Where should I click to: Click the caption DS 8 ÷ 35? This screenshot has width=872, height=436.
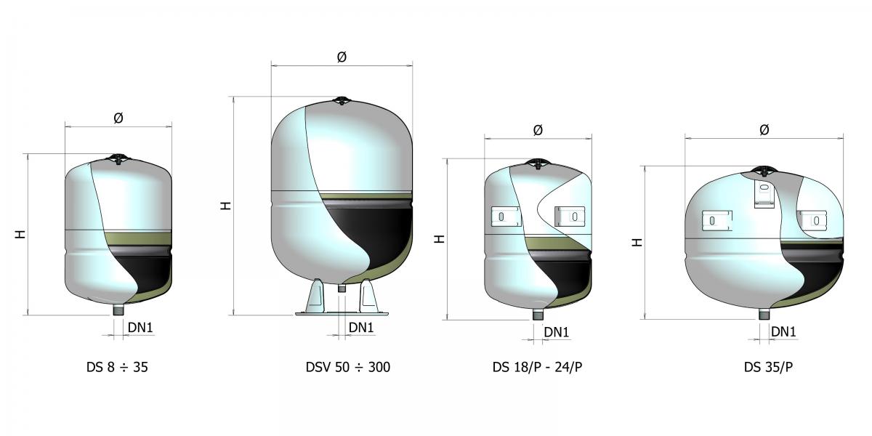click(x=117, y=367)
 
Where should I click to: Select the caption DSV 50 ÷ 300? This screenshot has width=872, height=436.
click(x=348, y=367)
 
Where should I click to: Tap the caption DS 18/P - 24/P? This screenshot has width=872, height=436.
click(x=537, y=367)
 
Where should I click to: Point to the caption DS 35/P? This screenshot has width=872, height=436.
click(x=768, y=367)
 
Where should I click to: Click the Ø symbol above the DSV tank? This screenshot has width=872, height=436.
click(x=342, y=57)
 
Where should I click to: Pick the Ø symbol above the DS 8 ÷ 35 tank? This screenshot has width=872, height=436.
click(x=118, y=118)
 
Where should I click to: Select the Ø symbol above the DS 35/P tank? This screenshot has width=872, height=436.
click(x=764, y=129)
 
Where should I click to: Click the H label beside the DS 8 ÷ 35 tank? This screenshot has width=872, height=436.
click(x=20, y=234)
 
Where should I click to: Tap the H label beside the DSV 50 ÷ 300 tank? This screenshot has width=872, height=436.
click(x=226, y=206)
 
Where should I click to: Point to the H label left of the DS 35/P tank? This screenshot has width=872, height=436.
click(x=637, y=243)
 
